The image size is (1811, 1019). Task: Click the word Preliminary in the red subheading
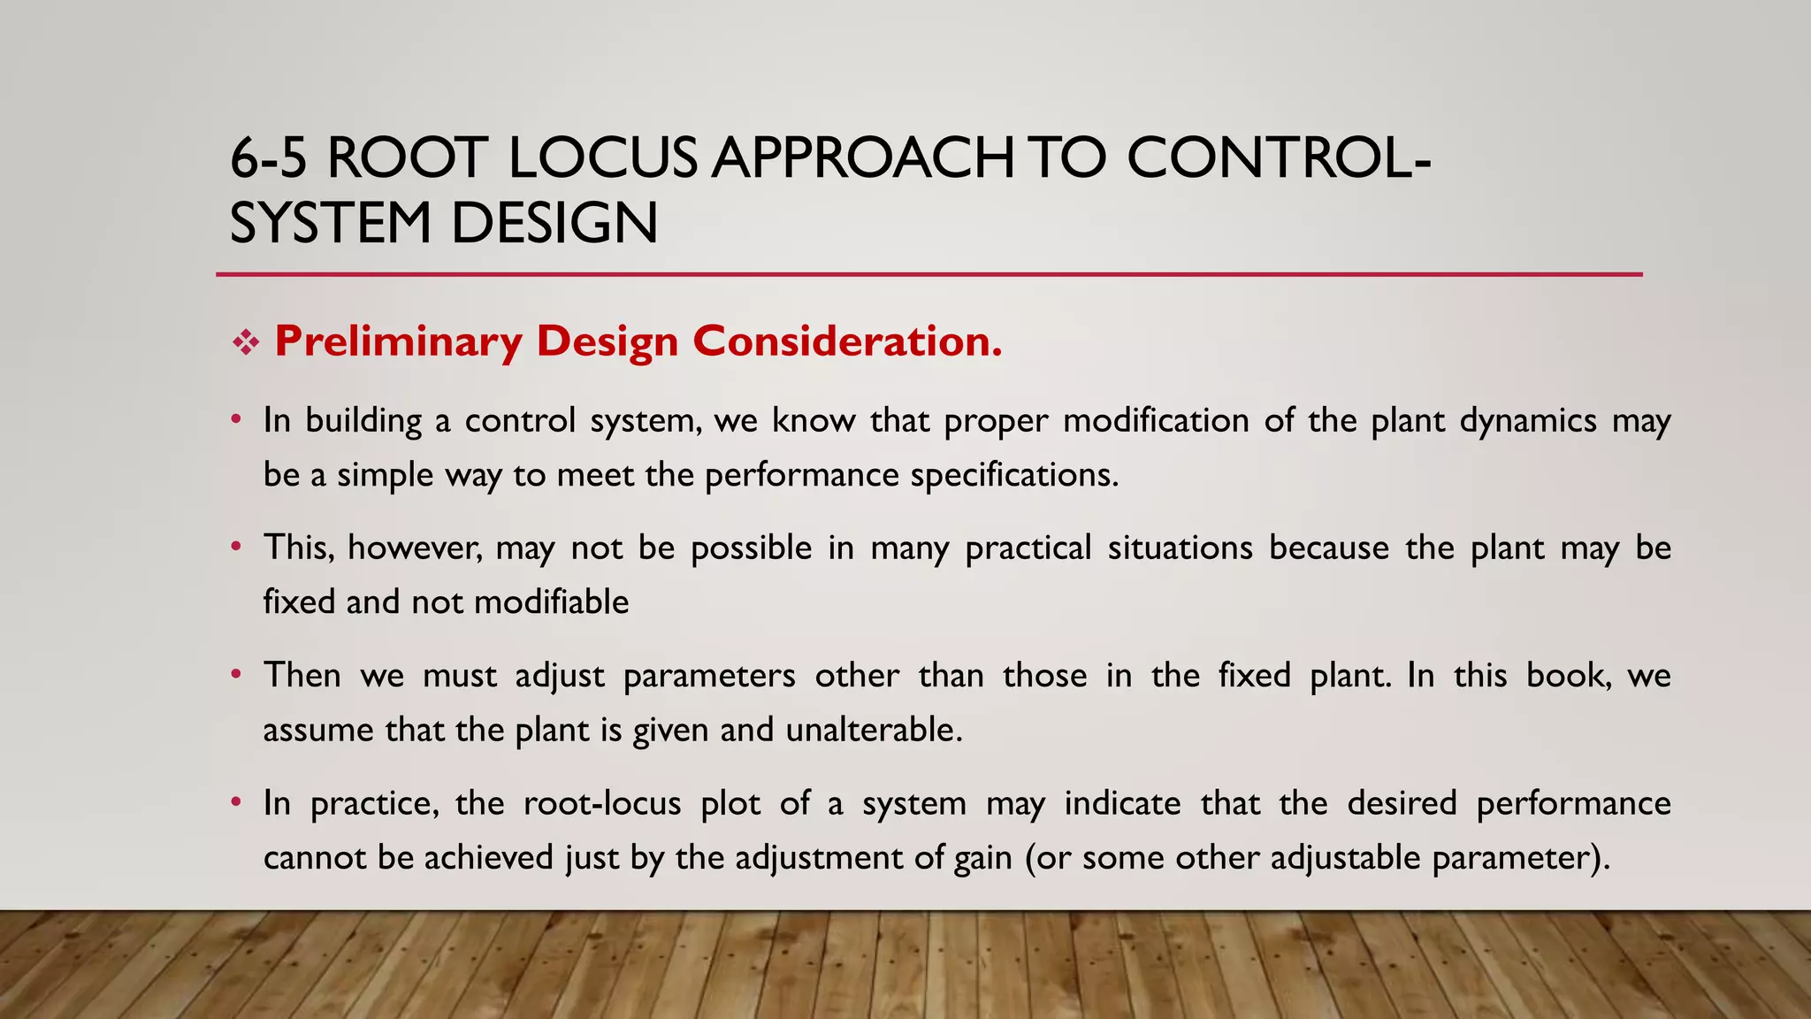398,341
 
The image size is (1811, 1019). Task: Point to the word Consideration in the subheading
846,341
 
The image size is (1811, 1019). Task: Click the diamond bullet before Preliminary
245,342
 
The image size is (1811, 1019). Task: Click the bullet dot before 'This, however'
235,547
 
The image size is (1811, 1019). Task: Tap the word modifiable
551,602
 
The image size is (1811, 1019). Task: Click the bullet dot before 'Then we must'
235,674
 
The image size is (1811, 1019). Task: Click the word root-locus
602,803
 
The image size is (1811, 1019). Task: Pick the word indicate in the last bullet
1122,803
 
